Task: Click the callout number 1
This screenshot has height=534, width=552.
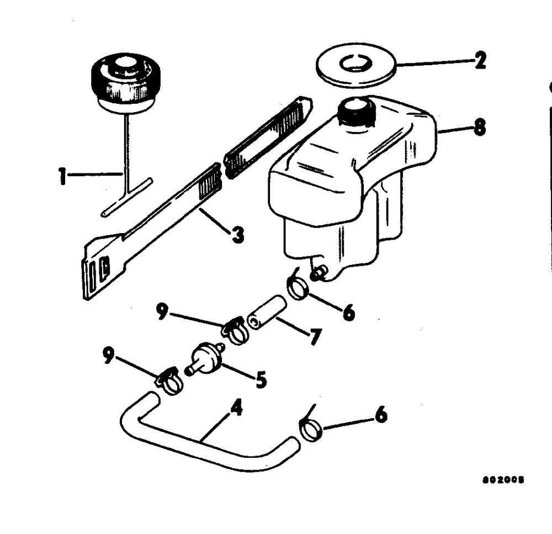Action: pos(63,178)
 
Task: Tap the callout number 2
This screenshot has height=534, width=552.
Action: pos(480,60)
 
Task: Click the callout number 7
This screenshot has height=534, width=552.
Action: pos(315,336)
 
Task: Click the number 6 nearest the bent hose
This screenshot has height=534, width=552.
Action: pos(380,415)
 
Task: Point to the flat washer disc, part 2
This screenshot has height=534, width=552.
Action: pos(356,66)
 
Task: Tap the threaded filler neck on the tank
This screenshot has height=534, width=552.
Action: pos(357,113)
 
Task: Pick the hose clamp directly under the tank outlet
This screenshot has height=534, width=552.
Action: pos(298,288)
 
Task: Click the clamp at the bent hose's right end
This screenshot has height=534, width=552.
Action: pos(310,428)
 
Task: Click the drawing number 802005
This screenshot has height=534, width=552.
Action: pos(502,495)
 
